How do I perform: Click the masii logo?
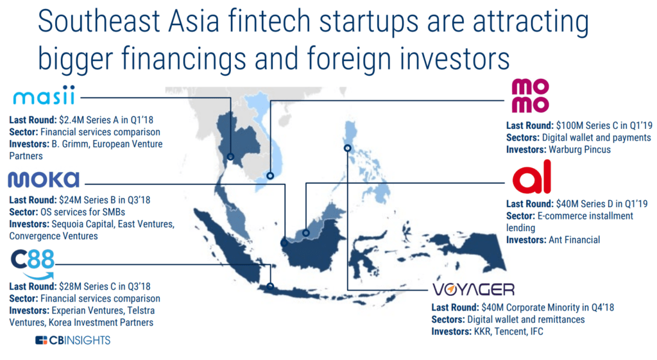pos(44,98)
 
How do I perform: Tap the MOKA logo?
pos(44,179)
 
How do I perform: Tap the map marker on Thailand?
pos(230,157)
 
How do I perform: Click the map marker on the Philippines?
pos(347,148)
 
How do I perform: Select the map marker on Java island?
pos(271,286)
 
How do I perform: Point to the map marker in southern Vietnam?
pos(271,175)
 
